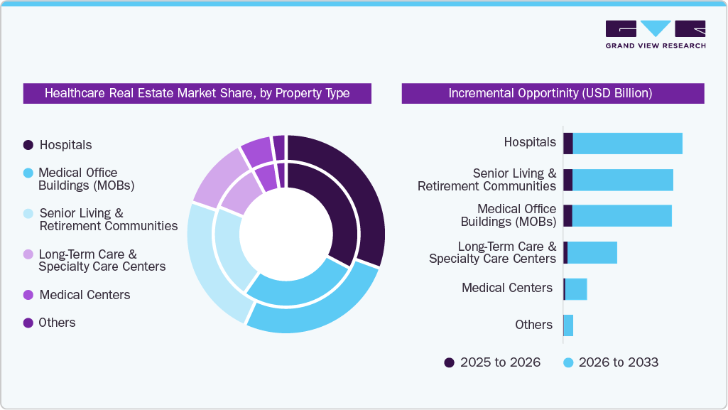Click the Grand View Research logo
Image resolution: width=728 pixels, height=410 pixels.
(655, 34)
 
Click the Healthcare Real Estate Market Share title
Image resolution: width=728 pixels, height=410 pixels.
(197, 93)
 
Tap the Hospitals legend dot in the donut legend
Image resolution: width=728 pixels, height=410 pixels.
(28, 145)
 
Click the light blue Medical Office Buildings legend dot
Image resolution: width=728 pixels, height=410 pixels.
(28, 173)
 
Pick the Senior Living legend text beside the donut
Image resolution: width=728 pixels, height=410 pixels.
(108, 220)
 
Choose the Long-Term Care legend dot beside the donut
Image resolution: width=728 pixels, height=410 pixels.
(28, 254)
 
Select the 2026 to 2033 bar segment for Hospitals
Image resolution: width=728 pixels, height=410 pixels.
(627, 144)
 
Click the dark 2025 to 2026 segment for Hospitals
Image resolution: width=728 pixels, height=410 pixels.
(568, 144)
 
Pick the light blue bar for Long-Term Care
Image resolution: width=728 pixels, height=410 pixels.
(592, 252)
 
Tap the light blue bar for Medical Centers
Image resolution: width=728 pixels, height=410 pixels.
(576, 289)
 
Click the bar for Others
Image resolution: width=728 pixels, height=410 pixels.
(568, 325)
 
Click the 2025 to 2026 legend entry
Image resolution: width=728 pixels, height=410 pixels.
(493, 362)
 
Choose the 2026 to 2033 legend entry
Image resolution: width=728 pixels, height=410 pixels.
(612, 362)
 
